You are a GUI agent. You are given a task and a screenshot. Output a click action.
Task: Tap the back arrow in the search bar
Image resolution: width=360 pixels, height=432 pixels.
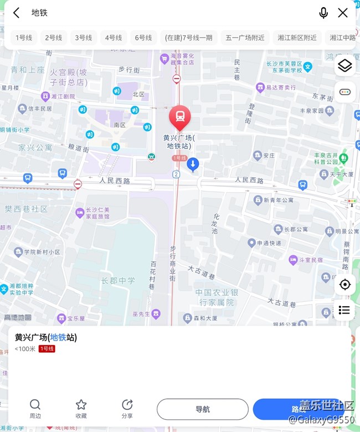(x=17, y=13)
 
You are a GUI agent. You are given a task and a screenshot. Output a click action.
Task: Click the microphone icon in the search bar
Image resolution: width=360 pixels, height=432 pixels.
(x=323, y=13)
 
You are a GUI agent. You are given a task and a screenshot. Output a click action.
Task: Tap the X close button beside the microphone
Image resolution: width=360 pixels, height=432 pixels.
(x=343, y=13)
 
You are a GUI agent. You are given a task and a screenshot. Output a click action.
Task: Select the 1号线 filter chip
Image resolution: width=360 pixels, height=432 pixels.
(x=24, y=38)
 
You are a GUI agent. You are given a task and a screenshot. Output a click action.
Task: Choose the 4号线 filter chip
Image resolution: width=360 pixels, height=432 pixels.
(x=114, y=38)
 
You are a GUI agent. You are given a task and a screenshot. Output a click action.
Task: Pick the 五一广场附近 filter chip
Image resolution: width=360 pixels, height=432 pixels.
(x=245, y=38)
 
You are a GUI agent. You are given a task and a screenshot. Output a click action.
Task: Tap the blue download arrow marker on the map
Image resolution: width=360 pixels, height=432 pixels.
(x=193, y=163)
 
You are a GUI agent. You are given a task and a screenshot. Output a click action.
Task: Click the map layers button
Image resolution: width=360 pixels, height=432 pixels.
(x=344, y=66)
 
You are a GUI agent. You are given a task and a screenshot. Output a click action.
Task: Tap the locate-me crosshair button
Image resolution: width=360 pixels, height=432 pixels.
(x=344, y=285)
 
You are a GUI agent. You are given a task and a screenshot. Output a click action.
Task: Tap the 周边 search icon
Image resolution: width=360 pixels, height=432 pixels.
(x=35, y=405)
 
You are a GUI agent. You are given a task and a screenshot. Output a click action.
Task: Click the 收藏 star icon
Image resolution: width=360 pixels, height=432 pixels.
(x=81, y=405)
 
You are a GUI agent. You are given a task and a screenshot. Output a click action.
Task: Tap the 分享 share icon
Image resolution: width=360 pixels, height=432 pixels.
(x=127, y=405)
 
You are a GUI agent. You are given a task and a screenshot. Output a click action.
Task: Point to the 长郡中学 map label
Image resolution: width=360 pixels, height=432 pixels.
(x=118, y=281)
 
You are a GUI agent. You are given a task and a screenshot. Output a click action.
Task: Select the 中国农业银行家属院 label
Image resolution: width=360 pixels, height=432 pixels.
(x=217, y=297)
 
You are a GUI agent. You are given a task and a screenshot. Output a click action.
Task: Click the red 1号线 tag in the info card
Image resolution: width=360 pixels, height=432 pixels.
(x=47, y=349)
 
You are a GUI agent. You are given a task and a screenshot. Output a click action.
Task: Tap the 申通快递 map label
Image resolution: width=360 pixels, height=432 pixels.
(x=268, y=243)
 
